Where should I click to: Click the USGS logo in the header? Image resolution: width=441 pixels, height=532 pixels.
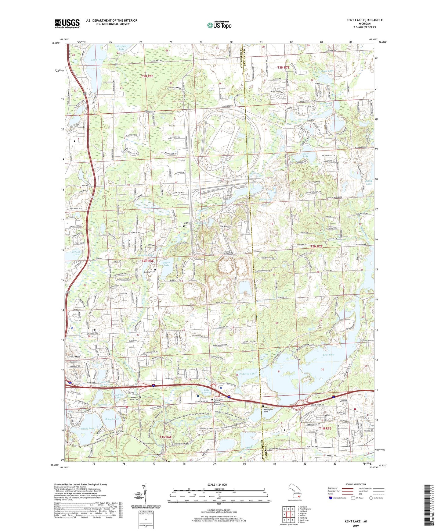67,23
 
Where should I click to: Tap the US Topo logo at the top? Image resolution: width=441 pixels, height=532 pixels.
219,25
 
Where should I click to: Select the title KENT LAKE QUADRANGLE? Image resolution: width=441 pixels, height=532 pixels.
364,20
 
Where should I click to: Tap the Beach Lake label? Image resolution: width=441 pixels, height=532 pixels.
167,264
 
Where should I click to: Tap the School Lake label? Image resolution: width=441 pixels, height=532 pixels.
76,253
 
